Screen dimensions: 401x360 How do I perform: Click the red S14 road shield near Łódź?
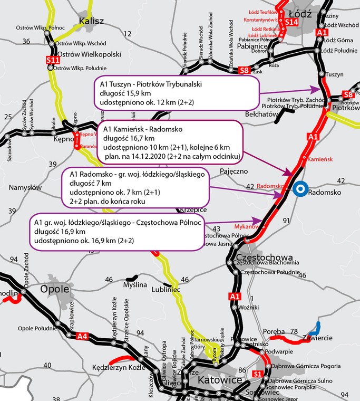pyautogui.click(x=291, y=22)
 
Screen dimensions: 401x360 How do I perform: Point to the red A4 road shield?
pyautogui.click(x=82, y=336)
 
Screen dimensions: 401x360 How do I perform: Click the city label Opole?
pyautogui.click(x=55, y=289)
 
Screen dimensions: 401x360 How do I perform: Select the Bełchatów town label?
pyautogui.click(x=261, y=113)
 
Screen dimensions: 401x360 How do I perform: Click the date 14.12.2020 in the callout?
pyautogui.click(x=147, y=156)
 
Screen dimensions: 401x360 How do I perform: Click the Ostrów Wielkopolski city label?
pyautogui.click(x=89, y=54)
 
